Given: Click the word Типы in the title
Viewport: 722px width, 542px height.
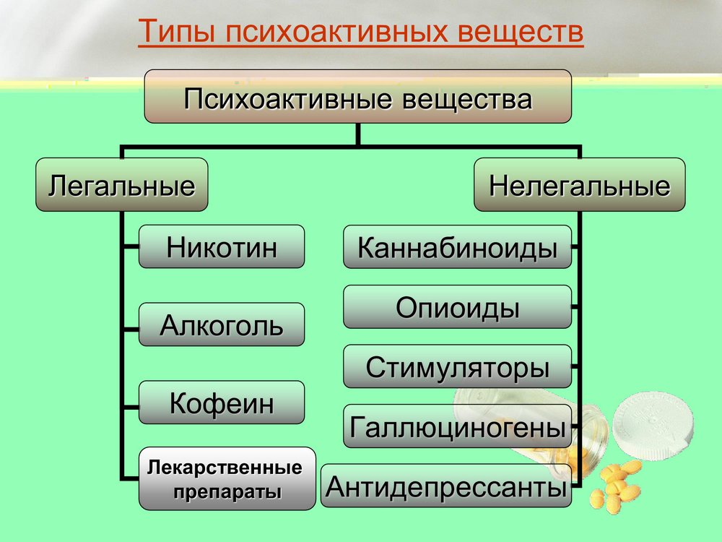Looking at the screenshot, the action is coord(177,31).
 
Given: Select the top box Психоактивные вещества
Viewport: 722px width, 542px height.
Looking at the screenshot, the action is coord(358,96).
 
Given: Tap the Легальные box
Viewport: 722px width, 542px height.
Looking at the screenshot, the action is coord(121,184).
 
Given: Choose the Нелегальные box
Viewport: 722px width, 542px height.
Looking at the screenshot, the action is coord(579,184).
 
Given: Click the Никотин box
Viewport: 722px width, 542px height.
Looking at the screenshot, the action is coord(222,246).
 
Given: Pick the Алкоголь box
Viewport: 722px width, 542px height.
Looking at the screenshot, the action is coord(222,324).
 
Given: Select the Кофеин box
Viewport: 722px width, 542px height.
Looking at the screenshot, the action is coord(222,403).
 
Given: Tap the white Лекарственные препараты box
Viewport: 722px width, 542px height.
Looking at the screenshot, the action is coord(227,478).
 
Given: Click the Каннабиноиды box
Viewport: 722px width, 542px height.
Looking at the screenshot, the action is coord(457,246).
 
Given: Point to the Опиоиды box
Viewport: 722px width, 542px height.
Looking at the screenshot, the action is coord(457,306).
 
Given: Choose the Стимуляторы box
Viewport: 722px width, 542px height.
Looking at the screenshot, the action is coord(457,366).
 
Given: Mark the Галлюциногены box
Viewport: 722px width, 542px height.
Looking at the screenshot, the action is coord(457,426).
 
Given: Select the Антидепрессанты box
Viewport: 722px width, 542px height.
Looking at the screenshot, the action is coord(445,486).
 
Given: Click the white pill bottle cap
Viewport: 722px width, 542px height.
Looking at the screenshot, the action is coord(653,425).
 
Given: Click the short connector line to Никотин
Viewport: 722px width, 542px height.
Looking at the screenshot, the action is coord(131,246).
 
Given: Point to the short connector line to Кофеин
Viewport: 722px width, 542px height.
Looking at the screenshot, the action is coord(131,407).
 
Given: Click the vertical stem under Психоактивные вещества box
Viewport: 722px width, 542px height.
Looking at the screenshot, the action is coord(358,134).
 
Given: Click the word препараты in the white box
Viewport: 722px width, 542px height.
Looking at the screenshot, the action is coord(227,492).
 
